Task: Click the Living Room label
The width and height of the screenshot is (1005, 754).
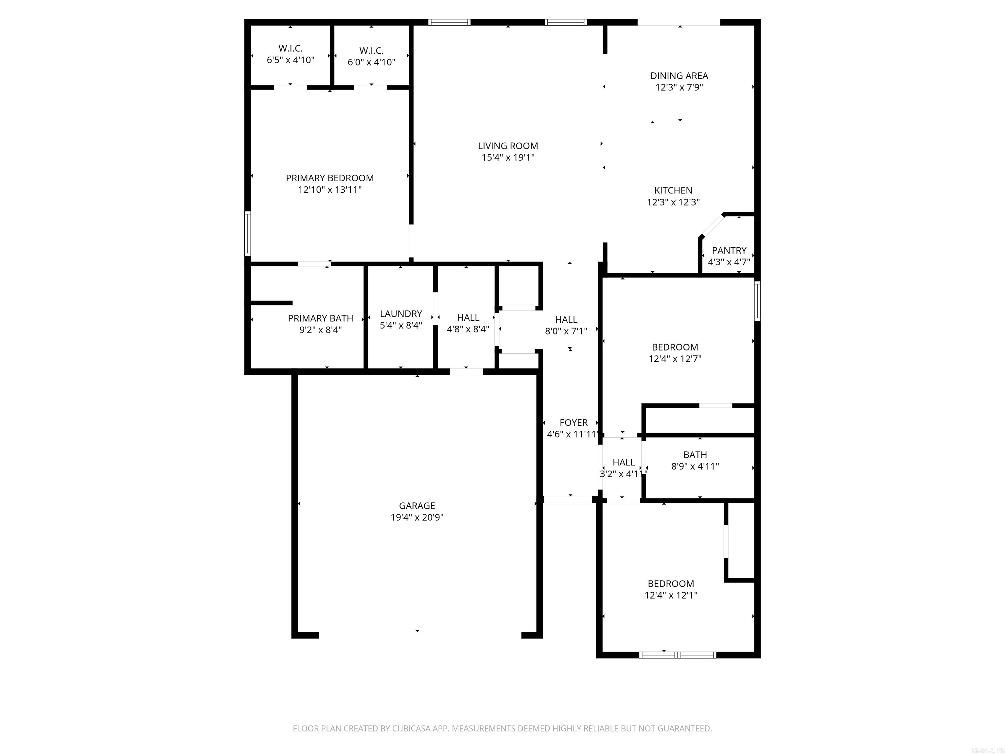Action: click(507, 146)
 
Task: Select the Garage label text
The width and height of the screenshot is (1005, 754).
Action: click(417, 505)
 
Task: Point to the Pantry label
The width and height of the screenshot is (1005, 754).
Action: click(729, 250)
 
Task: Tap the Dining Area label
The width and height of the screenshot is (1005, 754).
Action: click(679, 76)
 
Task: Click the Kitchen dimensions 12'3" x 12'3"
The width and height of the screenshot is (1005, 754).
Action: click(673, 202)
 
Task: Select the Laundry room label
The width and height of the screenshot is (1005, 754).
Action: click(401, 314)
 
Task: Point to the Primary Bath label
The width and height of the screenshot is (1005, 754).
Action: click(320, 318)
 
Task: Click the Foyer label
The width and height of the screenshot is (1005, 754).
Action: click(573, 423)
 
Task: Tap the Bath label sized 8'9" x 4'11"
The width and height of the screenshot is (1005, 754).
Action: click(695, 455)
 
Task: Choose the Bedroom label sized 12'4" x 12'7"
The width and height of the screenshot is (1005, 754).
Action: click(675, 347)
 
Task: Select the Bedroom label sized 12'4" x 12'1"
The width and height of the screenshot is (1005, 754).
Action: click(671, 583)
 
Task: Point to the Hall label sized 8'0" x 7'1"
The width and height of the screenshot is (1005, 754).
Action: click(566, 319)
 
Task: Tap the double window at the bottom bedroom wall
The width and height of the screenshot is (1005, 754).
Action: click(678, 655)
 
